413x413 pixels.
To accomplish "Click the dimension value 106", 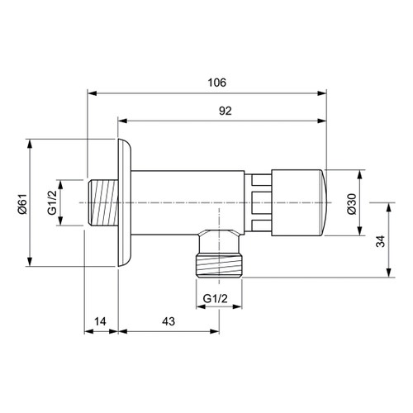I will point(217,83).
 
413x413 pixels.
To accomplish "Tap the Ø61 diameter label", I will point(22,202).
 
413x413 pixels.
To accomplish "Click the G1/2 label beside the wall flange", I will point(52,202).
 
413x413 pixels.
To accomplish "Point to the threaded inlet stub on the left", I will point(102,202).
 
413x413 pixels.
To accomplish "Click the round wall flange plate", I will point(125,202).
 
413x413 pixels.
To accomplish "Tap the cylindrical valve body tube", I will point(186,202).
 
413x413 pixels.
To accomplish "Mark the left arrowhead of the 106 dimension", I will point(90,94).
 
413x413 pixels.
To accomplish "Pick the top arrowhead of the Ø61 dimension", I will point(31,140).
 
